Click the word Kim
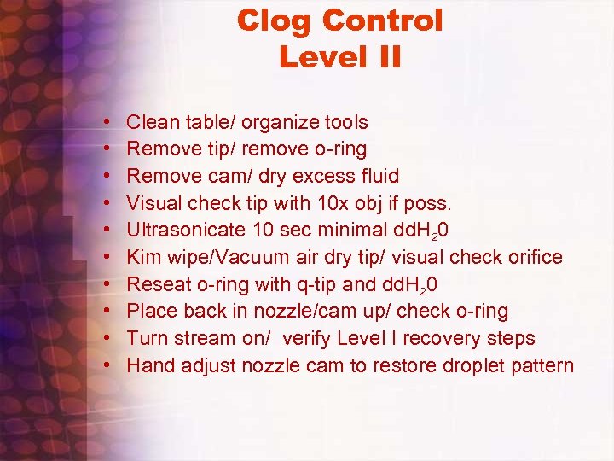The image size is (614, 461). point(142,257)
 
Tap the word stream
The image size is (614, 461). point(203,338)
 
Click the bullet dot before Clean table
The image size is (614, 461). point(111,123)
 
